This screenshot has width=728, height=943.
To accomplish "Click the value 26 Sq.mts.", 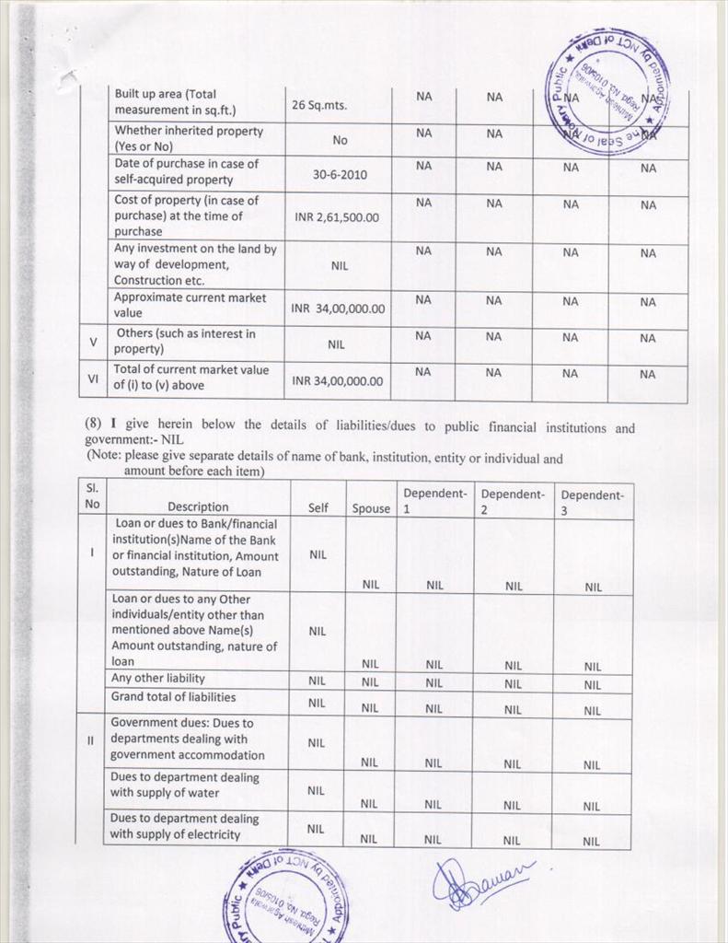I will [x=318, y=106].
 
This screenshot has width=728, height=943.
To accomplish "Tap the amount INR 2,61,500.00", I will [x=337, y=217].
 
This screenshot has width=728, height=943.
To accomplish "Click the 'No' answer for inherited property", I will [x=340, y=140].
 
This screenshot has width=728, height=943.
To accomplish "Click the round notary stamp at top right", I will [x=608, y=91].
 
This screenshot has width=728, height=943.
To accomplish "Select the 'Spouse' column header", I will [x=371, y=508].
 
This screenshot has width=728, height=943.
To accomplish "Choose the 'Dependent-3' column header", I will [x=592, y=501].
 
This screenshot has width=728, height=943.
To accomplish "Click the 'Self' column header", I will [x=318, y=507].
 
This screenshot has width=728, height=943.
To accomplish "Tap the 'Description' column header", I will [x=198, y=506].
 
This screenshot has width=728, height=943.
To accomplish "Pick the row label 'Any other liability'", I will [x=157, y=679].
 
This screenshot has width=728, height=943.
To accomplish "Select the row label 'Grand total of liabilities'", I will [x=173, y=697].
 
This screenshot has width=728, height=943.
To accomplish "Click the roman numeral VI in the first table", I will [x=93, y=378].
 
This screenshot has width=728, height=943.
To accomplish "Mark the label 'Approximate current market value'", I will [x=190, y=305].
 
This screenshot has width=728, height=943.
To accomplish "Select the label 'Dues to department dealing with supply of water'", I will [x=185, y=785].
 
